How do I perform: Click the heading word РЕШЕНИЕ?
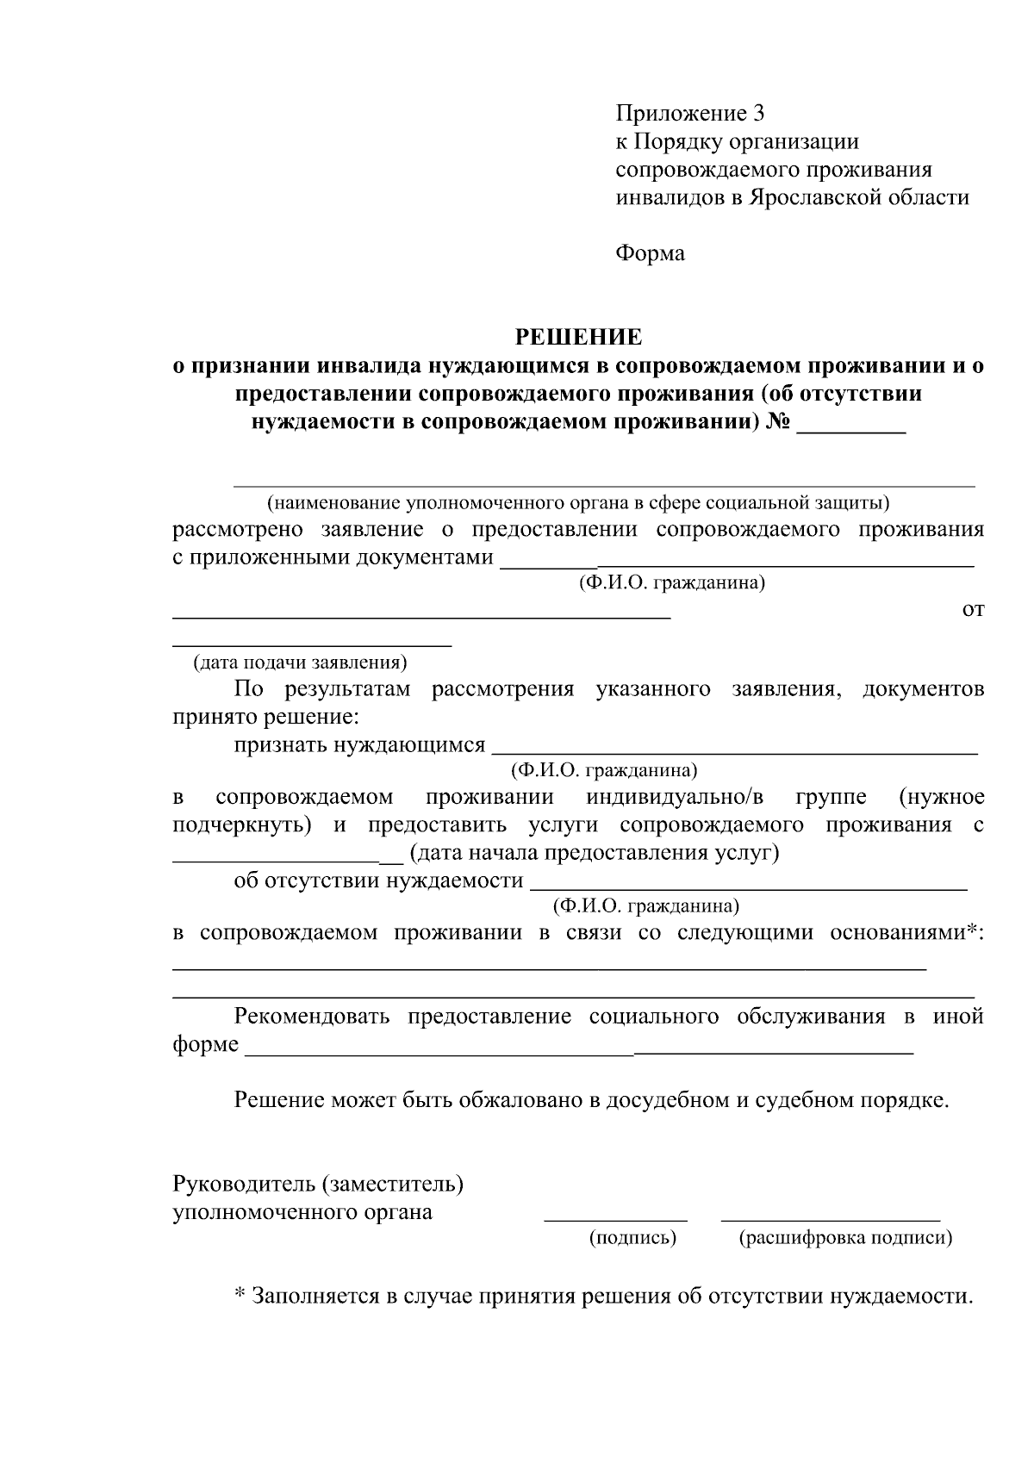578,336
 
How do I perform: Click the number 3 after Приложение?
757,113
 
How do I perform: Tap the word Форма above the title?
650,253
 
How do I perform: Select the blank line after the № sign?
850,432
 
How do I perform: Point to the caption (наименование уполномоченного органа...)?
577,501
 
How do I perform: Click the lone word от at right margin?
972,609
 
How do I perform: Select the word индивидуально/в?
675,796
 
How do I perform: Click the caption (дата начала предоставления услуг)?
595,853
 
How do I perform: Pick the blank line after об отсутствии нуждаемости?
748,887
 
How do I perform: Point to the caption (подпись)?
632,1238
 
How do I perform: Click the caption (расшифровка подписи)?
845,1238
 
